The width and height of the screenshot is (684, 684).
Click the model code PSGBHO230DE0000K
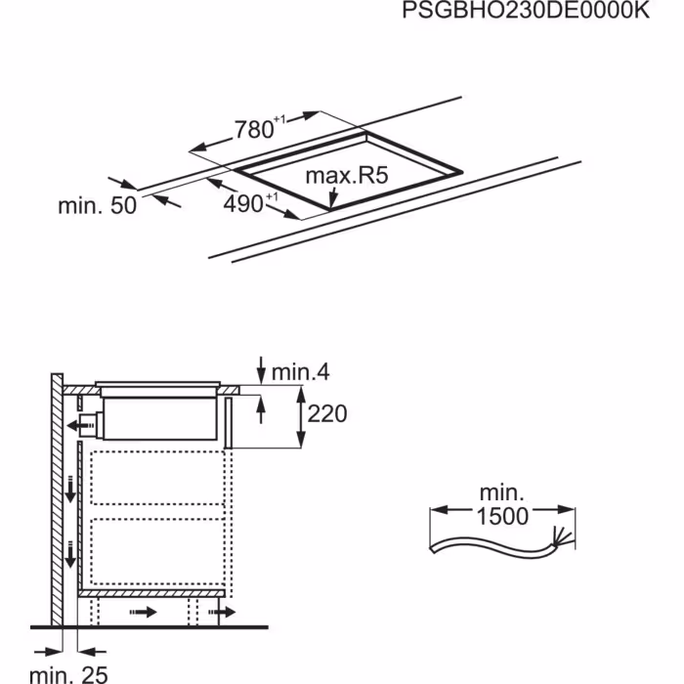[526, 10]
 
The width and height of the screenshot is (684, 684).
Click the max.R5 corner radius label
[347, 175]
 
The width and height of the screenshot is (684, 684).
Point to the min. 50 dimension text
[98, 205]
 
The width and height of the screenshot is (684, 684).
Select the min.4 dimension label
[301, 372]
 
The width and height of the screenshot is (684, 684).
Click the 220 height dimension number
[327, 413]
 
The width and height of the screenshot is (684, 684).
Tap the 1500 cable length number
[502, 516]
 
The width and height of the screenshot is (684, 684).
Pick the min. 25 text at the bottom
[68, 674]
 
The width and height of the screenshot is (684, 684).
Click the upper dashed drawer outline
[157, 478]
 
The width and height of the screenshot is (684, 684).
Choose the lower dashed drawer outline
[157, 551]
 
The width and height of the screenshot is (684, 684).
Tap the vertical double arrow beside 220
[301, 416]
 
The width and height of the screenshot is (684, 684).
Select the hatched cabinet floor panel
[151, 593]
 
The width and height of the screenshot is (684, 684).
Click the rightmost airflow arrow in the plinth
[223, 612]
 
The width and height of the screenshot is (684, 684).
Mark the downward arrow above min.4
[261, 370]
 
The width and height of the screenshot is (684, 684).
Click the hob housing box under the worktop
[159, 419]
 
